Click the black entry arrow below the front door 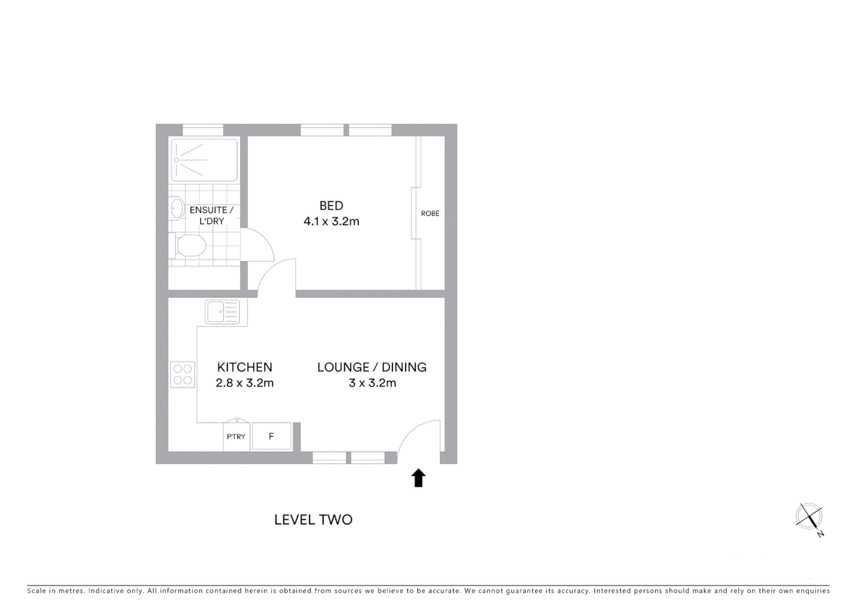[418, 478]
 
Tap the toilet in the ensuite [189, 246]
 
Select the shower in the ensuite [204, 160]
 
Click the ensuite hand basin [177, 209]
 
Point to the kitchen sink [223, 312]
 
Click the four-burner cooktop [182, 374]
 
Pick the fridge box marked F [271, 436]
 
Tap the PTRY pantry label [236, 437]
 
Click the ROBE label [430, 214]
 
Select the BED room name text [331, 206]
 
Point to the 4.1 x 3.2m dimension [331, 221]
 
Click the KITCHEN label [245, 367]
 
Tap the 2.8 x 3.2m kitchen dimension [245, 383]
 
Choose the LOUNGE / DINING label [372, 367]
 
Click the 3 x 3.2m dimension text [372, 383]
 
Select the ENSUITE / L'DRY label [211, 215]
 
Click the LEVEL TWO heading [313, 520]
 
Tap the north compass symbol [809, 517]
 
